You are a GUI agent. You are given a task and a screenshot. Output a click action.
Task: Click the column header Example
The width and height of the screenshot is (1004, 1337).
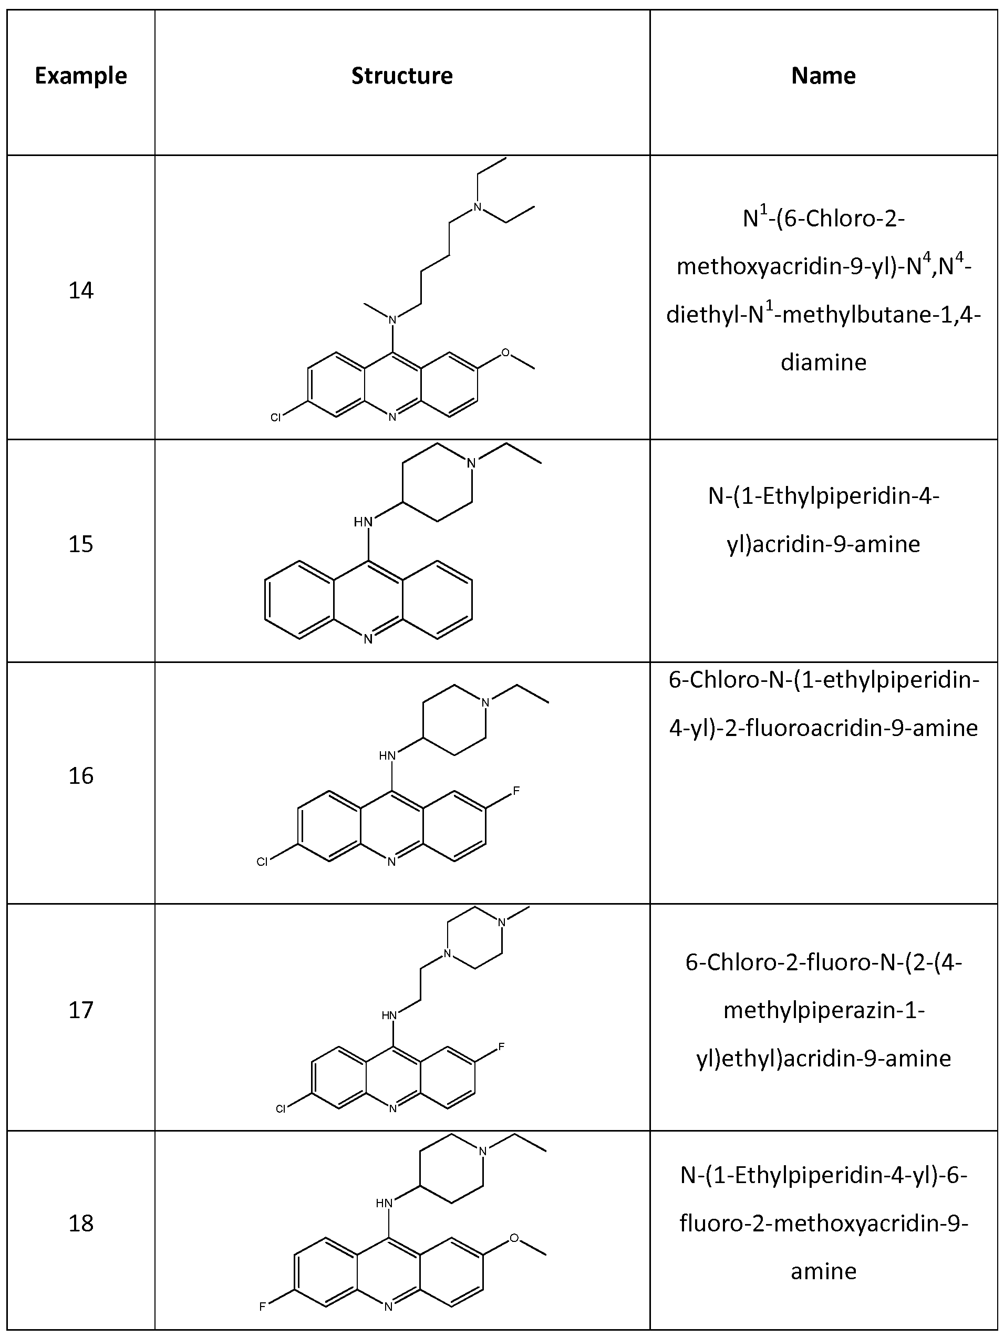(81, 76)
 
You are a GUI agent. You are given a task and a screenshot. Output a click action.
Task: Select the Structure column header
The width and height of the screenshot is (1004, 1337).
(402, 76)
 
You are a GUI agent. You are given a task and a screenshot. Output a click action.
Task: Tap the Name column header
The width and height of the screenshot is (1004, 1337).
(823, 76)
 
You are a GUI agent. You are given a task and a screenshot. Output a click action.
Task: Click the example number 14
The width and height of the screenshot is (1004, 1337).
(81, 291)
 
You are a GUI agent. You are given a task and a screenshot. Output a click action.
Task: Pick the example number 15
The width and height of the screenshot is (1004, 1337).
(81, 544)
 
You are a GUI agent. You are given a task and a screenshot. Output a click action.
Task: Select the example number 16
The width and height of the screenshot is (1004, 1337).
(81, 775)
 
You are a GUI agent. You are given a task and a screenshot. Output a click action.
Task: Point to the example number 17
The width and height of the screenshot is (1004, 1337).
(81, 1010)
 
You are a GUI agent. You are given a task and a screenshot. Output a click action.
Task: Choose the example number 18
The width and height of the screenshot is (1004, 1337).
(81, 1224)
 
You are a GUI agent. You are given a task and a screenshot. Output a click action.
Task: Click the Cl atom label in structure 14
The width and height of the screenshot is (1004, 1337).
(276, 417)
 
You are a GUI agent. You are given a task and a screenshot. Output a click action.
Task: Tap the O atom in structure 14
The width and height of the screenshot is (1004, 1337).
(505, 353)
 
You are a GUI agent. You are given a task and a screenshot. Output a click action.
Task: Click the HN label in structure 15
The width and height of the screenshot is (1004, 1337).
(363, 521)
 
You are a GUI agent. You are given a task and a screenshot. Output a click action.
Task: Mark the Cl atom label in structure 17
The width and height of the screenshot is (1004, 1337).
(281, 1108)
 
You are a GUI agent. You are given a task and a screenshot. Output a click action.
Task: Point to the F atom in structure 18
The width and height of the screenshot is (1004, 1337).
(262, 1307)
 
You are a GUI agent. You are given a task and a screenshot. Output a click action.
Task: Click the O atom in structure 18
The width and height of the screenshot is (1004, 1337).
(514, 1238)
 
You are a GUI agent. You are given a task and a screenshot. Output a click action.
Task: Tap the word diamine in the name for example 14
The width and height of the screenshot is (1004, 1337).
(823, 362)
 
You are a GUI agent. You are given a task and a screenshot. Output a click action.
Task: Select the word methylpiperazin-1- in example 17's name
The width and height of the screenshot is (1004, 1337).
(823, 1010)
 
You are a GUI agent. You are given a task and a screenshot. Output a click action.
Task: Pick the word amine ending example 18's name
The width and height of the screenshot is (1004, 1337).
(823, 1271)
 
